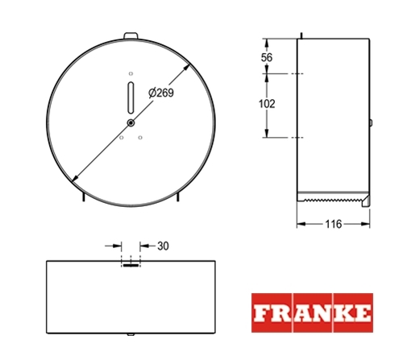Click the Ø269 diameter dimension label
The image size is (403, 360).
(x=161, y=93)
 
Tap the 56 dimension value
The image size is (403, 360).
(x=267, y=57)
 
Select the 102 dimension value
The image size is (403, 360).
(x=267, y=104)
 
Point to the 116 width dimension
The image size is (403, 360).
(x=334, y=224)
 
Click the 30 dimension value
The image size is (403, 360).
(x=163, y=246)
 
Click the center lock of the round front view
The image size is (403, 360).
(x=131, y=123)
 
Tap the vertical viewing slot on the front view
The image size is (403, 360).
(x=131, y=97)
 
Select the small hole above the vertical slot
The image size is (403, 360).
(x=131, y=73)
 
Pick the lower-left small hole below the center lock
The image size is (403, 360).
(x=122, y=138)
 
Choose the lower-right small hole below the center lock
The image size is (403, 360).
(x=140, y=138)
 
